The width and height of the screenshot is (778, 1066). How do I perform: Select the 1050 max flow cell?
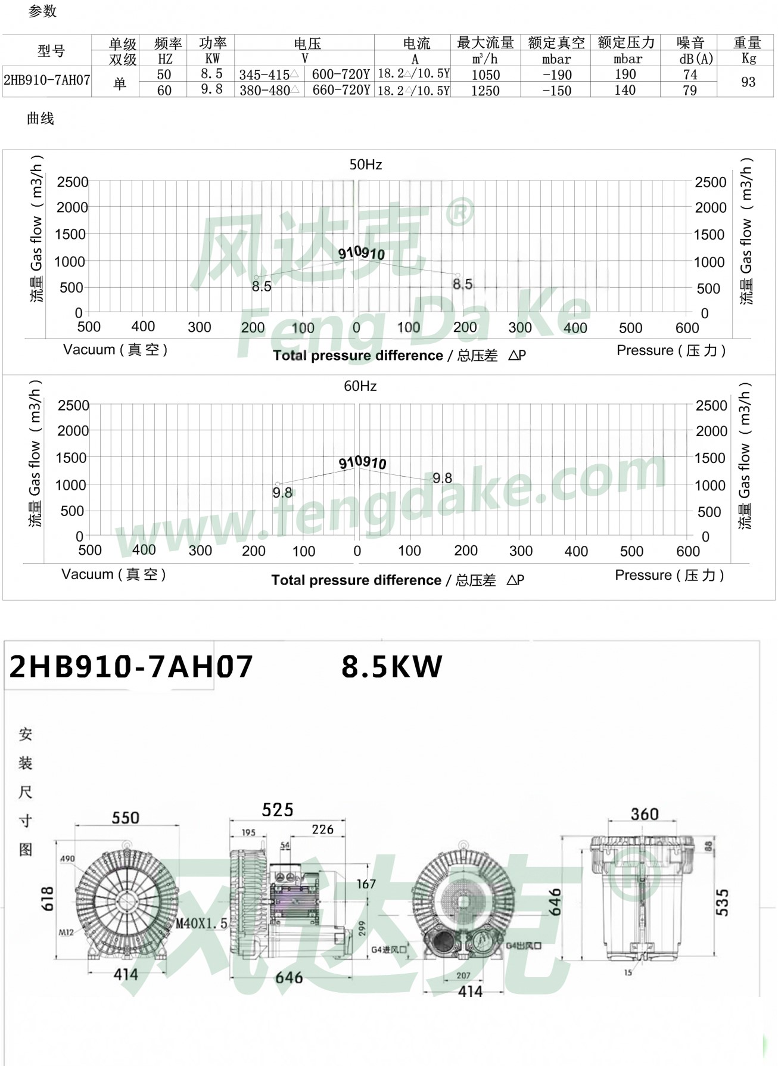(x=486, y=75)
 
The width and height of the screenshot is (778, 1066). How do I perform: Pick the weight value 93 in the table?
(x=748, y=82)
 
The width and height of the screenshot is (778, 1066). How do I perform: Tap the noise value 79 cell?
(x=690, y=91)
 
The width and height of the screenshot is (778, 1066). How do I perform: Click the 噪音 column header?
(x=690, y=43)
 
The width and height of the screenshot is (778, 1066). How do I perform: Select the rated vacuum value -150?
(x=557, y=91)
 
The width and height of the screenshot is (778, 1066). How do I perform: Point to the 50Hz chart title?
(x=365, y=164)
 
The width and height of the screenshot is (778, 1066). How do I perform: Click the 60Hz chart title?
(x=360, y=386)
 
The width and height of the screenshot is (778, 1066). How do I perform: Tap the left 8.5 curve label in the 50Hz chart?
(x=261, y=287)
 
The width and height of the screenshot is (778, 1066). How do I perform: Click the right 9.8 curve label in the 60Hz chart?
(x=442, y=478)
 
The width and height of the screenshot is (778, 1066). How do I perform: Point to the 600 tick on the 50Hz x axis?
(x=687, y=327)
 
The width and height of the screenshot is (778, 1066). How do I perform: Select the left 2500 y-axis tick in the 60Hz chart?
(x=73, y=405)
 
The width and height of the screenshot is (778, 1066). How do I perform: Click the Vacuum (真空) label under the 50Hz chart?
(x=115, y=350)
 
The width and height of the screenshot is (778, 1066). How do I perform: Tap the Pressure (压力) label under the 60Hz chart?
(x=669, y=575)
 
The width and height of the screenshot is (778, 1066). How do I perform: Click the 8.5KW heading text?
(x=391, y=667)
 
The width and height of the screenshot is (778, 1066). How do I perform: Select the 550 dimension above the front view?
(x=125, y=818)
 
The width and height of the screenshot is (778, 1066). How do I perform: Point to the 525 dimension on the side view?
(x=278, y=810)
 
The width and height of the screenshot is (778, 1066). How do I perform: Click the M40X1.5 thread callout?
(x=201, y=924)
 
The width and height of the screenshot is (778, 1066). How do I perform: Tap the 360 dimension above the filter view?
(x=644, y=814)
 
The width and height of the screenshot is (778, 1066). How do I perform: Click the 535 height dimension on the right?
(x=722, y=903)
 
